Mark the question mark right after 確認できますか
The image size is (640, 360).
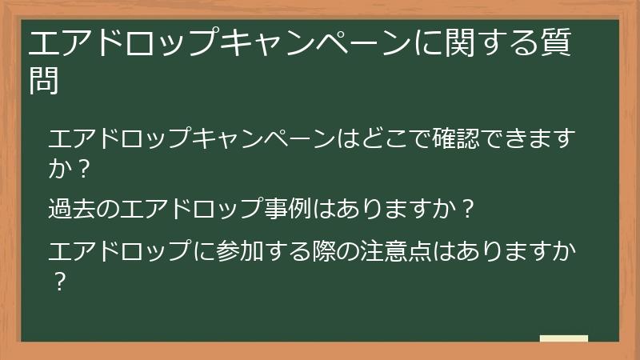[80, 170]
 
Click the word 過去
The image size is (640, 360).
[70, 210]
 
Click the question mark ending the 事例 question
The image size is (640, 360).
[470, 210]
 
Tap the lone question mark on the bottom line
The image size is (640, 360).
[58, 282]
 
